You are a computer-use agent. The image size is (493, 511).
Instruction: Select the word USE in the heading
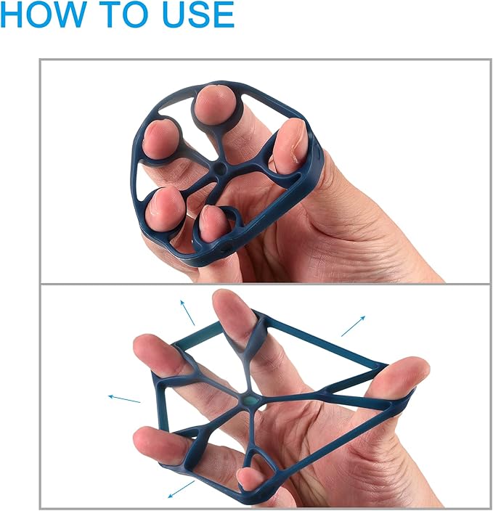pos(198,14)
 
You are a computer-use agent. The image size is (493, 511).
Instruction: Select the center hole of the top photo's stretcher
pos(219,169)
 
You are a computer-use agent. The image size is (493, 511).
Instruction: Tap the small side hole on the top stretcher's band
pos(225,249)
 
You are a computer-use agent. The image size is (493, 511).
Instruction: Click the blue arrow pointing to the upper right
pos(353,326)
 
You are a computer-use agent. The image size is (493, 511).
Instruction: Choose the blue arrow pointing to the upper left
pos(187,313)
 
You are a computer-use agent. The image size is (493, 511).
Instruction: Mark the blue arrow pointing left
pos(124,399)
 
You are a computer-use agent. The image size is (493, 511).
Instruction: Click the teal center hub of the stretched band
pos(250,401)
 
